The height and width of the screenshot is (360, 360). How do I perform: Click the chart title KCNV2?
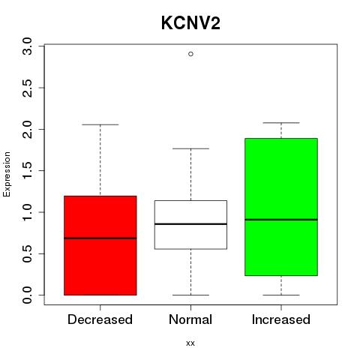click(190, 23)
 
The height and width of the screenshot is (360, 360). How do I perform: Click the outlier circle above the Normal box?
click(190, 54)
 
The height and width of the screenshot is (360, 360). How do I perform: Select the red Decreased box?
click(100, 245)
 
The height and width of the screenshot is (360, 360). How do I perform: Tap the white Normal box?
click(190, 225)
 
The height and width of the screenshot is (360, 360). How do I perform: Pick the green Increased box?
click(281, 207)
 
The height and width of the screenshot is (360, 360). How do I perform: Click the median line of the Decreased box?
click(100, 238)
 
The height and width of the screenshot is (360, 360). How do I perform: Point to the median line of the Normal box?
click(190, 224)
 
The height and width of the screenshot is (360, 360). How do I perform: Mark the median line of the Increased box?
click(281, 220)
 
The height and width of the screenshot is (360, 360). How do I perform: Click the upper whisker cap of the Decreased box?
click(100, 124)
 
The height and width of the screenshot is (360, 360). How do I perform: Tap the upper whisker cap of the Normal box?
click(190, 148)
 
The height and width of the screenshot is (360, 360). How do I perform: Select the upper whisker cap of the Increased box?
click(281, 123)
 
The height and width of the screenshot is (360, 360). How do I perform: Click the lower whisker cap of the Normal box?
click(190, 295)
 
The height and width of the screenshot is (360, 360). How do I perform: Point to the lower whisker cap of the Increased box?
click(281, 295)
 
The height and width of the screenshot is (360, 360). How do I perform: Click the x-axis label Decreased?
click(100, 319)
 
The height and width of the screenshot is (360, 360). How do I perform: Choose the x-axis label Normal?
click(190, 319)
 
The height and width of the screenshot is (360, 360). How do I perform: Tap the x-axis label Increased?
click(281, 319)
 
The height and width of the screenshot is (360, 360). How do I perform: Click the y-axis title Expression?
click(7, 174)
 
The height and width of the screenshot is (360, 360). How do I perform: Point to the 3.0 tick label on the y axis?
click(27, 46)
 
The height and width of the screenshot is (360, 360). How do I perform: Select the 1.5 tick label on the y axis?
click(27, 170)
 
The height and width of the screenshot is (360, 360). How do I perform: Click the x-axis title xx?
click(190, 343)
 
